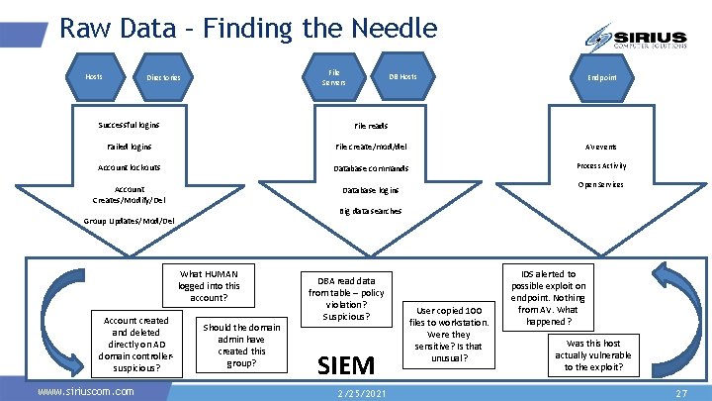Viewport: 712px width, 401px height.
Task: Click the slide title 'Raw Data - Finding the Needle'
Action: pos(248,27)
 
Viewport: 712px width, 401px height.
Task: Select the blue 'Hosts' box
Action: pos(94,76)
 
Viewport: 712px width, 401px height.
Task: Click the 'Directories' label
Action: pos(163,78)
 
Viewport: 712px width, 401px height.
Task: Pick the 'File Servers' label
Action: pos(334,77)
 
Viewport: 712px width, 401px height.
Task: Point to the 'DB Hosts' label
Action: pos(402,77)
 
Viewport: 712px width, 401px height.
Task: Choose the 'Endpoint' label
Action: pos(601,77)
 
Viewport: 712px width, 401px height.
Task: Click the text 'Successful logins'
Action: pos(129,125)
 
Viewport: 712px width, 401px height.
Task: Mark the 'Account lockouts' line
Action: pos(130,167)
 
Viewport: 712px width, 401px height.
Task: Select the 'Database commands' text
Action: pos(371,168)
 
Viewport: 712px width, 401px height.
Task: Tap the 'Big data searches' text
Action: pos(371,211)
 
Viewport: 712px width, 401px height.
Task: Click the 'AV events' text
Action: pos(601,147)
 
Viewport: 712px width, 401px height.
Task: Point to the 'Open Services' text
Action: pos(601,185)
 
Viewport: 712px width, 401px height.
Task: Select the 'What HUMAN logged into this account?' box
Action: pos(209,285)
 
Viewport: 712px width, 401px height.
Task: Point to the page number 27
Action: pos(680,393)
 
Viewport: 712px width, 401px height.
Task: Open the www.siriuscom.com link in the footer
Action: pos(85,392)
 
